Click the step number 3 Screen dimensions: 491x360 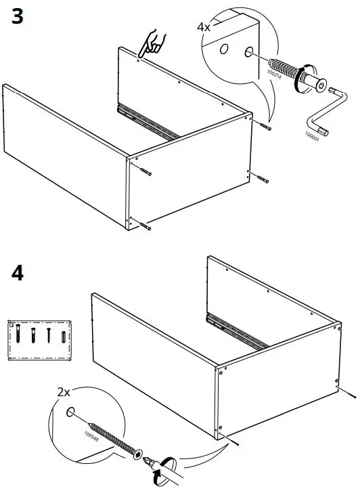(x=18, y=18)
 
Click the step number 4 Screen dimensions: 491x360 (x=18, y=274)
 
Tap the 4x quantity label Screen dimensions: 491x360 (x=203, y=27)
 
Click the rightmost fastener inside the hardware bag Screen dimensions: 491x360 (x=64, y=335)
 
